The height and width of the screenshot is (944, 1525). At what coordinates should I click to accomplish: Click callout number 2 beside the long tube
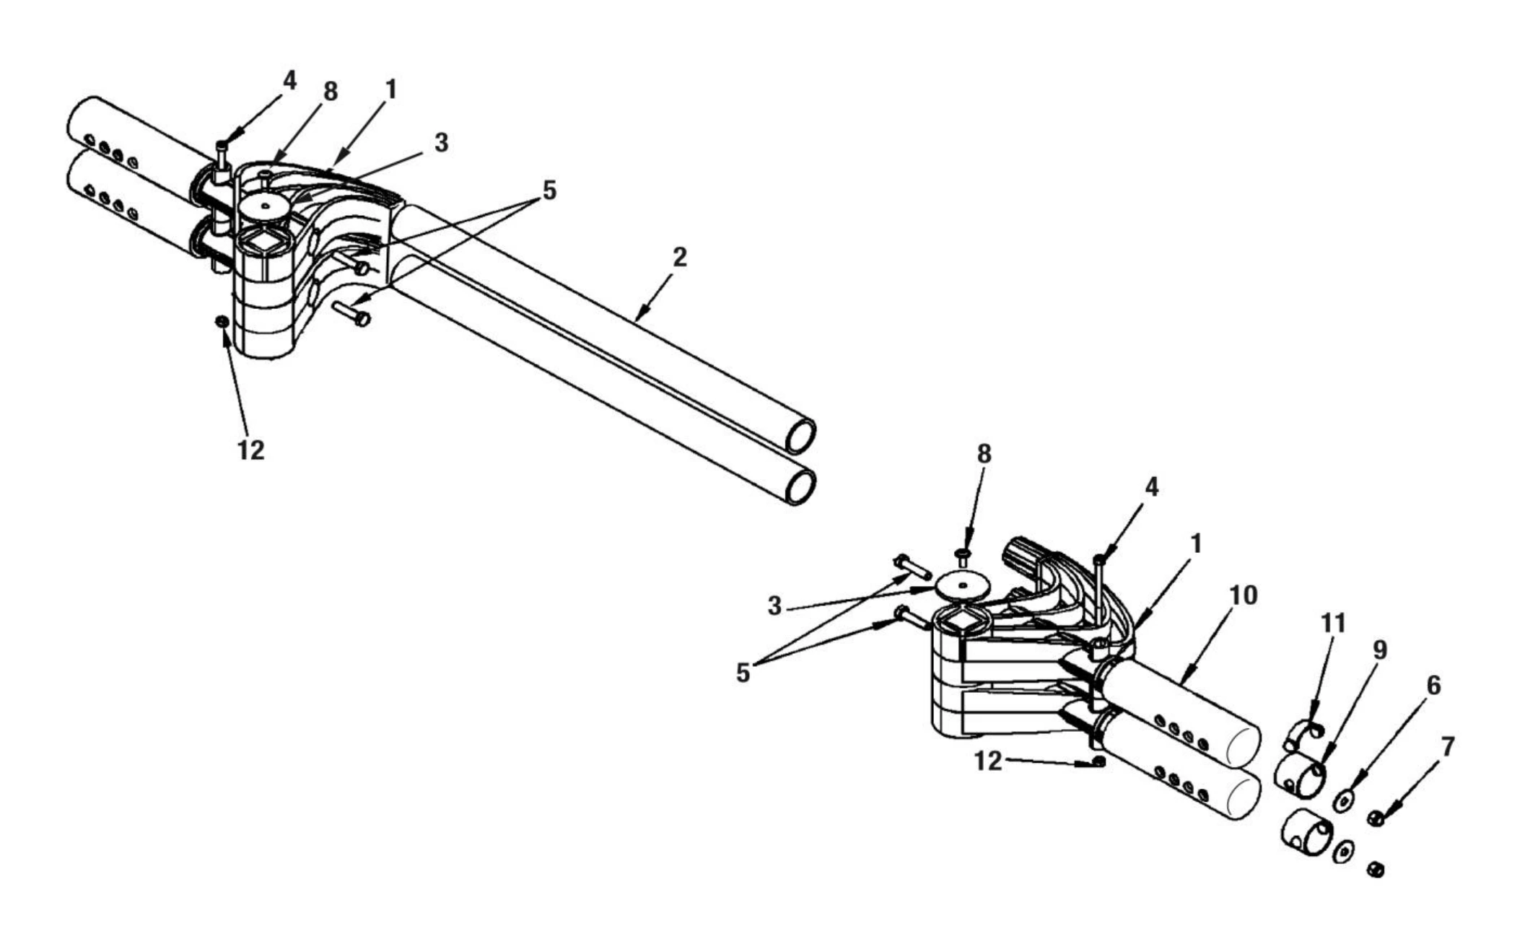click(x=678, y=258)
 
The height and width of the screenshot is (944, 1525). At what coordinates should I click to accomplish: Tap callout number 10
click(x=1243, y=595)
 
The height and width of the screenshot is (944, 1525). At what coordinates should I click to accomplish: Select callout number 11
click(x=1333, y=623)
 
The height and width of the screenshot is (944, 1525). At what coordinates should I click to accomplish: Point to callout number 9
click(x=1379, y=650)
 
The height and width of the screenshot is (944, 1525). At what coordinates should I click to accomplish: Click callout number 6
click(x=1433, y=686)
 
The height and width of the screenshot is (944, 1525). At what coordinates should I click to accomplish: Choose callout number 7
click(x=1447, y=746)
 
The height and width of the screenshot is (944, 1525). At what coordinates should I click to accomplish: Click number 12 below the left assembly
click(x=250, y=450)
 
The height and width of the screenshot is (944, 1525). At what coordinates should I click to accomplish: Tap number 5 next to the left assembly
click(x=549, y=191)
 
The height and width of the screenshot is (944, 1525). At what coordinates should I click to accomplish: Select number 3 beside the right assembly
click(x=774, y=606)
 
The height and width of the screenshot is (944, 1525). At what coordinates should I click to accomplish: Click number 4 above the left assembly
click(x=289, y=80)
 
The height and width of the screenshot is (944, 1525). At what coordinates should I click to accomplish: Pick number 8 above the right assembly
click(x=984, y=454)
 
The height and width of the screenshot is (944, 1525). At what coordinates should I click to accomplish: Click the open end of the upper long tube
click(x=800, y=437)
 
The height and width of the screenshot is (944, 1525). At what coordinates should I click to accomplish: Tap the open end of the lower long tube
click(x=800, y=486)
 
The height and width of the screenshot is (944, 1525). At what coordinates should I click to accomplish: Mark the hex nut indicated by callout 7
click(x=1376, y=818)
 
